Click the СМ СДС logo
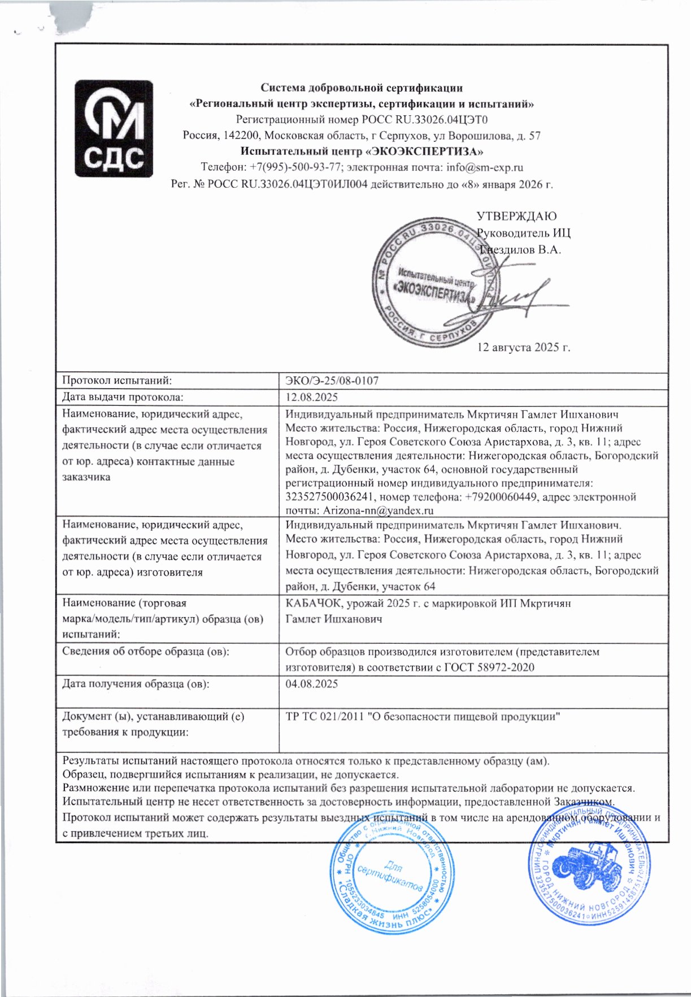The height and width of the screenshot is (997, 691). coord(114,129)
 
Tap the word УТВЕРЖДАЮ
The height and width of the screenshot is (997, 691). coord(516,216)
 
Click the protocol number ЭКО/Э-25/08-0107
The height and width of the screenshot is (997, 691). coord(332,381)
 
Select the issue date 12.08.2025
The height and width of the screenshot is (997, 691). coord(312,397)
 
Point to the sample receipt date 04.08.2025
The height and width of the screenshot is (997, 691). coord(312,684)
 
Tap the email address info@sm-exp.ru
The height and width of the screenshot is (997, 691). coord(484,167)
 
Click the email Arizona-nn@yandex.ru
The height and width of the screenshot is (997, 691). coord(378,511)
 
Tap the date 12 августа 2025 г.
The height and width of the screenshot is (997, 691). coord(524,347)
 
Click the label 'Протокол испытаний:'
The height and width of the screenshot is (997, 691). coord(117,381)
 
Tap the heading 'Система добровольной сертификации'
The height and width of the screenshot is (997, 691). coord(362,88)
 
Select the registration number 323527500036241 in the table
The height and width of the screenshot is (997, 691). coord(330,497)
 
